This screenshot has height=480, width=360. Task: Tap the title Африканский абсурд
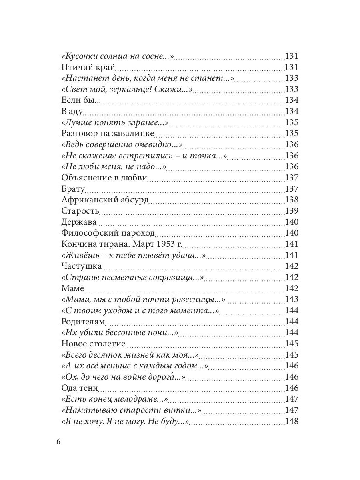[x=106, y=200]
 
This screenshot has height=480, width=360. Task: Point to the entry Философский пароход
[x=108, y=233]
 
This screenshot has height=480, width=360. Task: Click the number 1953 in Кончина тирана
[x=159, y=244]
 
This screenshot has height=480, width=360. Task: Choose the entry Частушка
[x=82, y=266]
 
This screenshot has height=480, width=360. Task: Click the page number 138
[x=291, y=200]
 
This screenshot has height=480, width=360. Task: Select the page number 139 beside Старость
[x=291, y=211]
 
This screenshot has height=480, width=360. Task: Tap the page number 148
[x=291, y=421]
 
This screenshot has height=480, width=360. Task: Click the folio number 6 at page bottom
[x=58, y=442]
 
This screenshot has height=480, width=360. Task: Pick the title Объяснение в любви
[x=105, y=178]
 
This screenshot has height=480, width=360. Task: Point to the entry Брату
[x=72, y=189]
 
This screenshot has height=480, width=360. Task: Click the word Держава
[x=79, y=222]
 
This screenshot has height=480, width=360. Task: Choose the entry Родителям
[x=83, y=322]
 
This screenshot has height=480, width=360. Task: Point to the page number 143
[x=291, y=299]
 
